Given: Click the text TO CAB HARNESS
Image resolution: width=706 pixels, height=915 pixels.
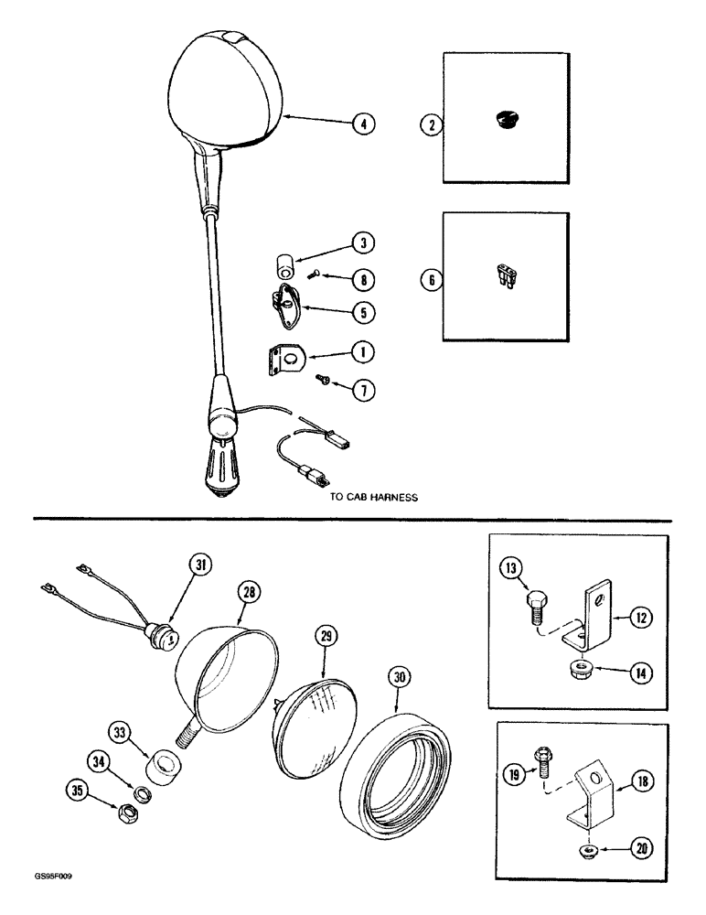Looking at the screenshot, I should (x=374, y=499).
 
